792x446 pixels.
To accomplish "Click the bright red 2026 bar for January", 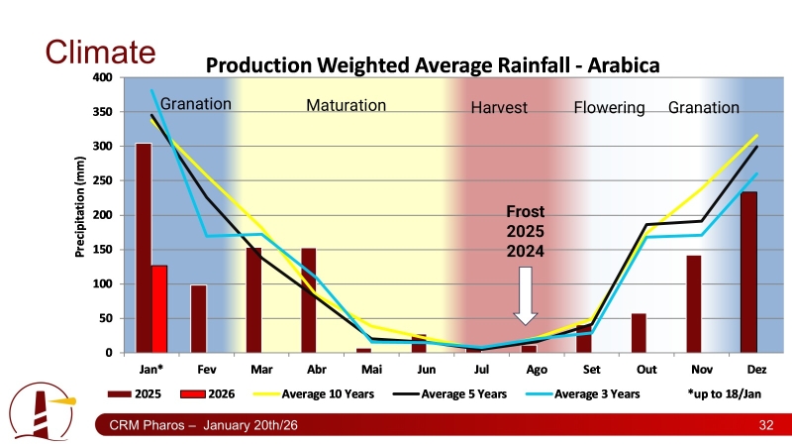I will [159, 309].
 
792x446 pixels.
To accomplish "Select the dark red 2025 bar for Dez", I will [748, 273].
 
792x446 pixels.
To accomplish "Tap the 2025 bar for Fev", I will [199, 319].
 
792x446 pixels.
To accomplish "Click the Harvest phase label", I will [499, 108].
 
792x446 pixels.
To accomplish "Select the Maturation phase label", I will [346, 105].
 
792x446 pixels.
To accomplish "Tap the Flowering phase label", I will [609, 107].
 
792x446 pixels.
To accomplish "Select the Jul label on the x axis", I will [481, 369].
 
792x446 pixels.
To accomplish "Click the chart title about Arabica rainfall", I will [432, 65].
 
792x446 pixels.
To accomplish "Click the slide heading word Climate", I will [101, 52].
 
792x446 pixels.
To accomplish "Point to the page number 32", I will [764, 425].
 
